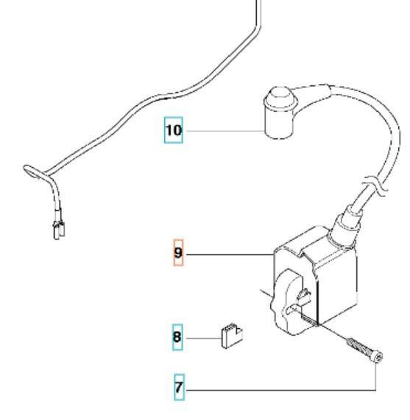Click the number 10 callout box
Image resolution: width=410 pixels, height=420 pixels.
(x=173, y=132)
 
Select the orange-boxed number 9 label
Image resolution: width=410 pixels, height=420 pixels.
(x=177, y=254)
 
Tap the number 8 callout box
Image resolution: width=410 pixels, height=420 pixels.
(x=177, y=338)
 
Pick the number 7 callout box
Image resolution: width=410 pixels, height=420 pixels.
(x=177, y=388)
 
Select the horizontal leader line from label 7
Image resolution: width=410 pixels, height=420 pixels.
(x=280, y=388)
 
